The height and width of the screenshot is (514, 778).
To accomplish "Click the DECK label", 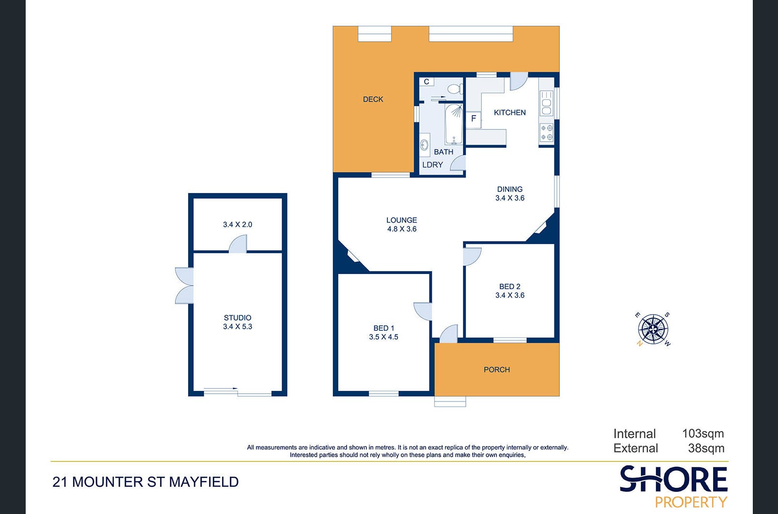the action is click(x=373, y=99).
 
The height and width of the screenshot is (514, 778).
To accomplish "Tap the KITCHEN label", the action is click(x=509, y=112).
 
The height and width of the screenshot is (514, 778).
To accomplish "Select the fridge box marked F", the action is click(x=474, y=119).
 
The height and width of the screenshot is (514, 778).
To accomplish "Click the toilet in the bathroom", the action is click(x=455, y=89).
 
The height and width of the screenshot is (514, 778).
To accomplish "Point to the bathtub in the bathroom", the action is click(x=454, y=125).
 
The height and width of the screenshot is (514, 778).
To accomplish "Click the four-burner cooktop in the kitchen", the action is click(x=547, y=133).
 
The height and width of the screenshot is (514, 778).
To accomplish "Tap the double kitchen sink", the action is click(x=546, y=102).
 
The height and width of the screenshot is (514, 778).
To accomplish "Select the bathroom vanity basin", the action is click(x=425, y=145).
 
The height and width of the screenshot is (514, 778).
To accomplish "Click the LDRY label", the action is click(x=432, y=165).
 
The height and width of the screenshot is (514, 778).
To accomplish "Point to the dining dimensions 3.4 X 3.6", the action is click(x=509, y=198).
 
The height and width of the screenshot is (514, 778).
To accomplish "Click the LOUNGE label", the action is click(x=401, y=220).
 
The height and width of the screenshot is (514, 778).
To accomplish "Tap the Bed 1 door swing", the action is click(x=423, y=311).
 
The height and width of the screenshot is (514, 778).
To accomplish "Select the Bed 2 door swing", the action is click(x=472, y=257).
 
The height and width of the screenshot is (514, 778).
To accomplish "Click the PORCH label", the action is click(x=497, y=370).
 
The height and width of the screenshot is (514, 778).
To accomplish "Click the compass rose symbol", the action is click(x=653, y=329).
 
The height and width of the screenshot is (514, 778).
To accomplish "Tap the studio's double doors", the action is click(x=184, y=286).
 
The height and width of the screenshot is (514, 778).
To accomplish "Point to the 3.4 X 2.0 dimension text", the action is click(x=238, y=225).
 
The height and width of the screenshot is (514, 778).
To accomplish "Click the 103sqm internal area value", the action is click(x=703, y=434).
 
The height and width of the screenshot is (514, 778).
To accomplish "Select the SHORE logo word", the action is click(x=673, y=479).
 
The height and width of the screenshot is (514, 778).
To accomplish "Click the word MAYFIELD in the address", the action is click(x=204, y=482).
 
